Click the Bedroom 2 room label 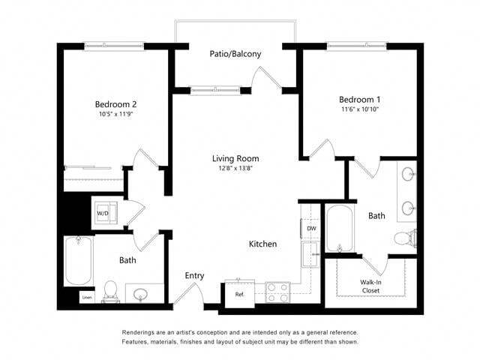pos(115,103)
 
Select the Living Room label pos(235,158)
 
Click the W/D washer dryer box pos(102,212)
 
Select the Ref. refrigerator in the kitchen pos(240,294)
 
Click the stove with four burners pos(278,292)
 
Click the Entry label pos(194,276)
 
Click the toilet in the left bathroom pos(110,290)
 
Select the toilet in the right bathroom pos(404,238)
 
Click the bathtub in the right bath pos(342,229)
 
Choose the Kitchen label pos(262,244)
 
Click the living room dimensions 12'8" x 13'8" pos(235,169)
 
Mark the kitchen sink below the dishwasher pos(309,253)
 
